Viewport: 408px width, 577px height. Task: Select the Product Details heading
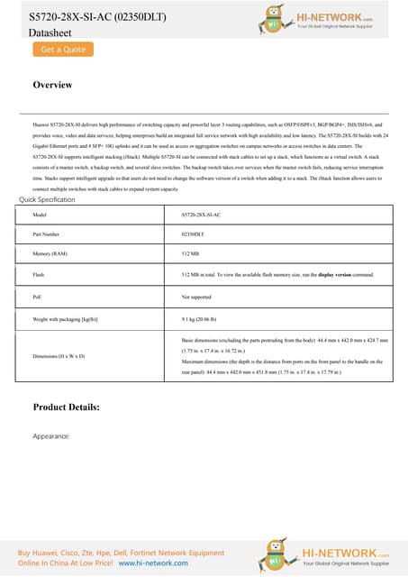66,408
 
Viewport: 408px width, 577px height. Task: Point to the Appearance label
50,435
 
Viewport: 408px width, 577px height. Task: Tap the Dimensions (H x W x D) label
59,356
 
